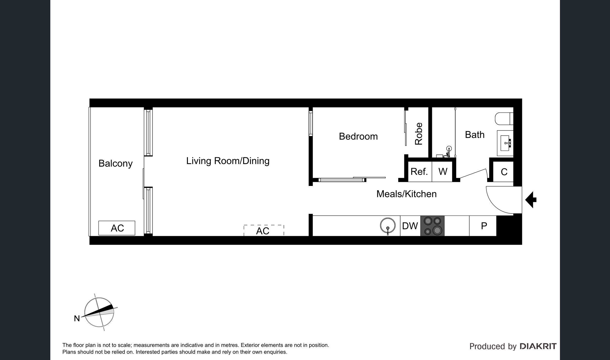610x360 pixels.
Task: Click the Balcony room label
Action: coord(115,163)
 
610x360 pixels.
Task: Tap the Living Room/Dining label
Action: coord(228,161)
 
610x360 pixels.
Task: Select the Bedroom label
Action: coord(358,136)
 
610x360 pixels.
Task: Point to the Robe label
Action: coord(419,134)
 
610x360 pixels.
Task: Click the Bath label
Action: coord(475,135)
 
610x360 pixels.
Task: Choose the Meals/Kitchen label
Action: coord(406,194)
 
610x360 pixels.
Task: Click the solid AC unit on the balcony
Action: coord(117,228)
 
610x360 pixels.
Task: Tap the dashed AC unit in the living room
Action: coord(264,231)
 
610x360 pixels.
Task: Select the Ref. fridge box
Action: coord(420,171)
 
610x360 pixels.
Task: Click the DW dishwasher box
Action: coord(410,226)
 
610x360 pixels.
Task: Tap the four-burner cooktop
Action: coord(432,226)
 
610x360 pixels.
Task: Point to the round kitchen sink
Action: coord(388,225)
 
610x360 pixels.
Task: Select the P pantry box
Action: coord(483,226)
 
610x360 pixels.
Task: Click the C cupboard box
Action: coord(503,172)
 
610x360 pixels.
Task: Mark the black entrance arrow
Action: coord(531,200)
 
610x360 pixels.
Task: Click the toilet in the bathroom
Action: coord(504,119)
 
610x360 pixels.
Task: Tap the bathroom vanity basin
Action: coord(505,143)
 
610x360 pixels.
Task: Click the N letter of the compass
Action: coord(77,319)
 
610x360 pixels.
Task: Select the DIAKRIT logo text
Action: coord(538,346)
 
